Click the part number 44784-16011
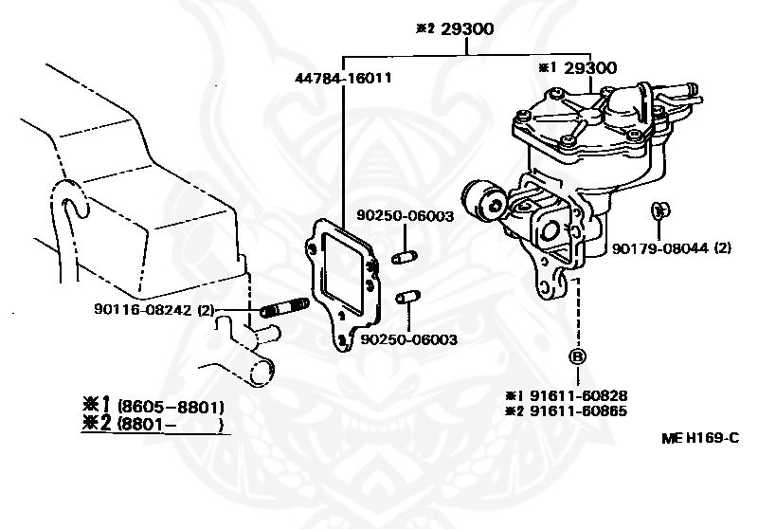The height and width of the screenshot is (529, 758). pos(343,79)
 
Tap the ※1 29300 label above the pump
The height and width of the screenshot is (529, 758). pos(577,68)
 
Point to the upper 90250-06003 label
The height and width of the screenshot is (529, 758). pos(405,216)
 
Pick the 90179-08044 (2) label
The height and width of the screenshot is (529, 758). pos(671,248)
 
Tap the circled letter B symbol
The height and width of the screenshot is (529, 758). pos(577,357)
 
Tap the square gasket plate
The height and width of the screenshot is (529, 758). pos(343,271)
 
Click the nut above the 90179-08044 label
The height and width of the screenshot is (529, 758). pos(660,210)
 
